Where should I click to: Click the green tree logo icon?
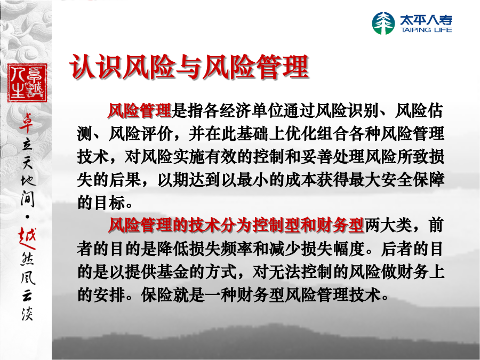point(383,23)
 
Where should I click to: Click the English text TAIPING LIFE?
point(426,30)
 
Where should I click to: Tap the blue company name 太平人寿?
point(426,20)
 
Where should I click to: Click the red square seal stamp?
point(27,83)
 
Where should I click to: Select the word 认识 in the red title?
point(96,67)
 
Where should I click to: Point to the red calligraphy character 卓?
point(27,123)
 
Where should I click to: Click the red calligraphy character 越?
point(27,238)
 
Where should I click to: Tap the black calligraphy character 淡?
point(27,313)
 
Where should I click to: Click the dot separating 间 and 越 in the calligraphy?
point(27,217)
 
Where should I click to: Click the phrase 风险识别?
point(347,110)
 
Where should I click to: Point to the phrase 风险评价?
point(140,133)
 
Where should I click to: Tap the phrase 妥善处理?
point(332,156)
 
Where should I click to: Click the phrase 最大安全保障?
point(396,179)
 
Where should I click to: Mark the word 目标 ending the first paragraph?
point(109,202)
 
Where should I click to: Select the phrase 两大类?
point(388,225)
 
